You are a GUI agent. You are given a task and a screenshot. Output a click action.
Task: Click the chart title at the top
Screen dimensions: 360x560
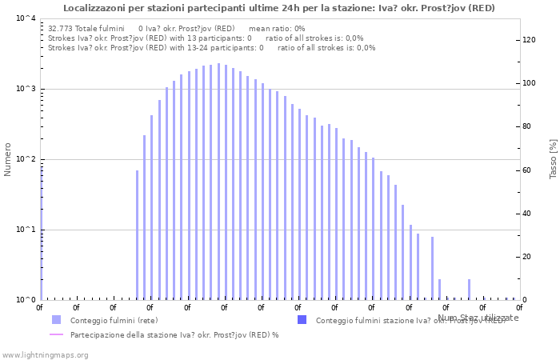coord(278,8)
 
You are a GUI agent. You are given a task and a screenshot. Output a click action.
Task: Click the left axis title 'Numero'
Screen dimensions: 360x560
coord(8,159)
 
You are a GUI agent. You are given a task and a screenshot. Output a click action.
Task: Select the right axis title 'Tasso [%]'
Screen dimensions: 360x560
coord(553,158)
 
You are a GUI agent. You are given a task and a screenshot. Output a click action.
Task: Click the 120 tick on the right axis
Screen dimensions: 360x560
coord(529,40)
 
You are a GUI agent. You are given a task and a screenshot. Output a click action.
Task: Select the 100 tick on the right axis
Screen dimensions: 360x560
coord(529,83)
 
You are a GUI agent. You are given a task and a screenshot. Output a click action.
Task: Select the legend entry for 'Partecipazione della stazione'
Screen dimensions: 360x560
coord(174,335)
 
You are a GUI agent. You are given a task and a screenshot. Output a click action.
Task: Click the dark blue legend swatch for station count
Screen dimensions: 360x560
coord(302,320)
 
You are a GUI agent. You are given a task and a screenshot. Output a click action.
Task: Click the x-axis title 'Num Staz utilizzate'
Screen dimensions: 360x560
coord(478,318)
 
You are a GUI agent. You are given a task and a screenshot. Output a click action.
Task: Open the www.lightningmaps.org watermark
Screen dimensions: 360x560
coord(46,354)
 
